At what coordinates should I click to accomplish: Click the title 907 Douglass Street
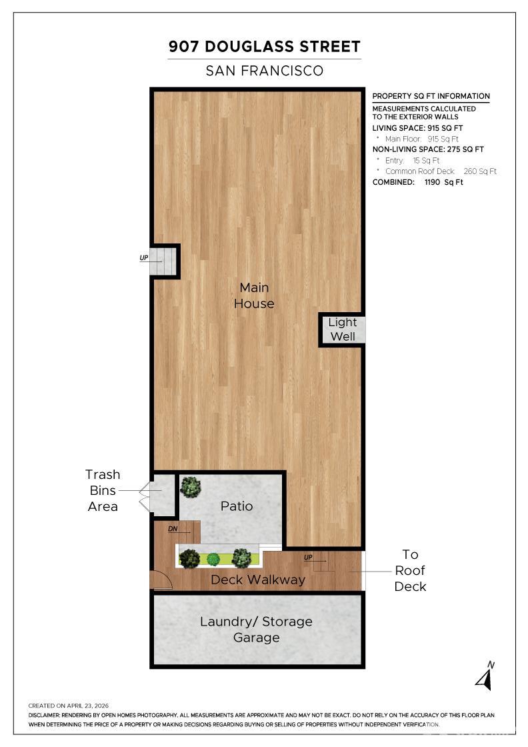[264, 47]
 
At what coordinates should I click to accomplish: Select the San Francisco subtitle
[264, 71]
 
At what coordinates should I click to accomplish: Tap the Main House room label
[254, 295]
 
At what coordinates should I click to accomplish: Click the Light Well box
[342, 329]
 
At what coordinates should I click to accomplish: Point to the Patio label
[237, 506]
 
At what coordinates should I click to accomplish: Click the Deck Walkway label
[257, 580]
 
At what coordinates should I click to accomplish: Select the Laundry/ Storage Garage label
[256, 630]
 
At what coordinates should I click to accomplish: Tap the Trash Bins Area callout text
[103, 490]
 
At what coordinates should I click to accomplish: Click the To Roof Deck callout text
[410, 570]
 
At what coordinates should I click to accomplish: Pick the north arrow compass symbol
[485, 676]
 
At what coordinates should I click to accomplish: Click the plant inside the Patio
[191, 487]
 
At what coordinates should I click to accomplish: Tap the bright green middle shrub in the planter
[214, 559]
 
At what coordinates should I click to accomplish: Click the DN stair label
[173, 529]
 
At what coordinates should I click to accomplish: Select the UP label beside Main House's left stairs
[144, 257]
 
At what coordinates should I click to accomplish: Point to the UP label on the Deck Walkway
[308, 558]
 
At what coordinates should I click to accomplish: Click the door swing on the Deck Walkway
[161, 580]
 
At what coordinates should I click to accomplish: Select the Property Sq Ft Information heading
[431, 96]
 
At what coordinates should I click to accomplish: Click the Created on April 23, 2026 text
[69, 706]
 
